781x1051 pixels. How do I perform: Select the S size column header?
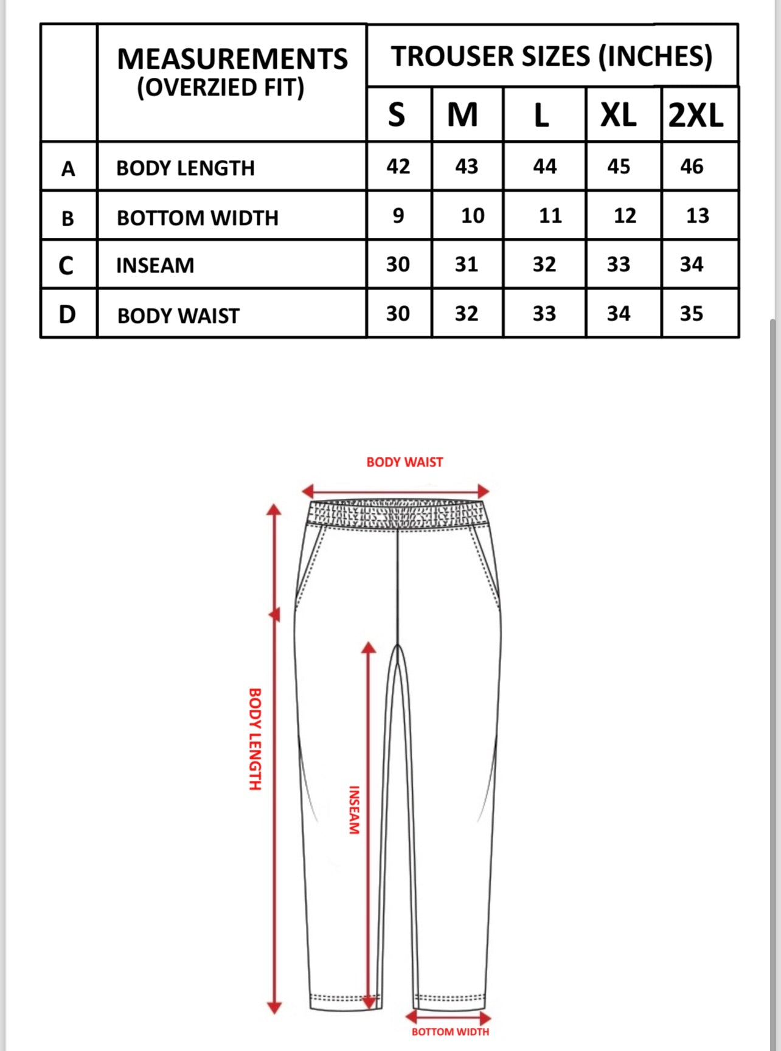coord(397,115)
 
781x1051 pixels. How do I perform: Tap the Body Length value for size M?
coord(467,166)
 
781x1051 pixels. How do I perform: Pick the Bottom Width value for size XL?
coord(625,215)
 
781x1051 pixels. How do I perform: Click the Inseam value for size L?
coord(544,265)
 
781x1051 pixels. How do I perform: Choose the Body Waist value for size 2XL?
coord(692,314)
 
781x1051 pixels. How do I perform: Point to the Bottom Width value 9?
coord(398,215)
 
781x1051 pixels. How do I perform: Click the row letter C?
coord(66,265)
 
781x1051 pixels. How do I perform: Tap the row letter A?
coord(68,168)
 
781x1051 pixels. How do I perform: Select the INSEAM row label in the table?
coord(155,266)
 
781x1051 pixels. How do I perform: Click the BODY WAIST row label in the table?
coord(178,316)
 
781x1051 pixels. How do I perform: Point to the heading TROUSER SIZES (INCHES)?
coord(552,57)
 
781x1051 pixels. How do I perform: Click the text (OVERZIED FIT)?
coord(220,88)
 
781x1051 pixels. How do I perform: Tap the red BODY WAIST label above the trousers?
coord(404,462)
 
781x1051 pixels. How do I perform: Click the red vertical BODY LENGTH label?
coord(255,739)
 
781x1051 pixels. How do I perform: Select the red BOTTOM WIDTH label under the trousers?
coord(450,1032)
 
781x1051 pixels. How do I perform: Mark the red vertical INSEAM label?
coord(354,810)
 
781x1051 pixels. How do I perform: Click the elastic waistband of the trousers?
coord(398,514)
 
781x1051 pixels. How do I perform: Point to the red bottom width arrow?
coord(448,1018)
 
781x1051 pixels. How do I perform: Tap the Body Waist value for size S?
coord(398,314)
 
